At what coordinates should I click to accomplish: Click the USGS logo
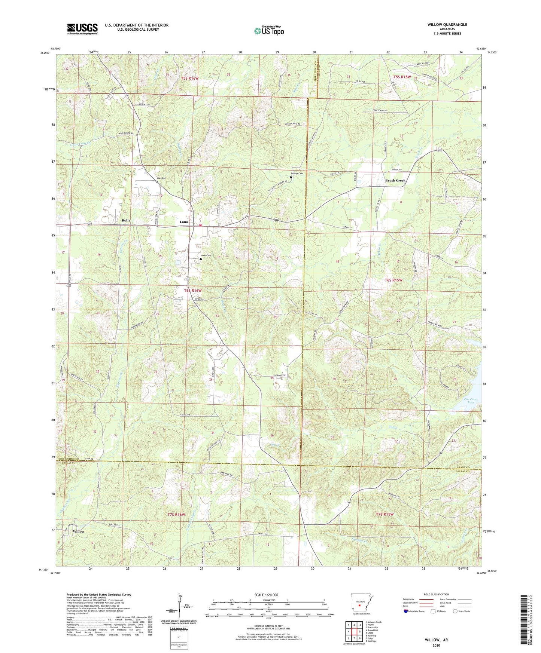click(x=82, y=29)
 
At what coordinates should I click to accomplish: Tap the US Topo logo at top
click(x=268, y=31)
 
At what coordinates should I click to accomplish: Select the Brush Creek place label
click(x=395, y=181)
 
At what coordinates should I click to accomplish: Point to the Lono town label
click(x=184, y=222)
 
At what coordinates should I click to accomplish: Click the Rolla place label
click(x=126, y=221)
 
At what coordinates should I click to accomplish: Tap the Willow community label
click(x=79, y=531)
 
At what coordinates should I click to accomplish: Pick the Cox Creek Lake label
click(x=471, y=401)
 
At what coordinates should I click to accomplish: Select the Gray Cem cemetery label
click(x=161, y=178)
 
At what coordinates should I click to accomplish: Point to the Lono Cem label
click(x=206, y=256)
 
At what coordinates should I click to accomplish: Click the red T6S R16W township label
click(x=193, y=291)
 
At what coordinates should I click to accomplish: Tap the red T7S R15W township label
click(x=385, y=514)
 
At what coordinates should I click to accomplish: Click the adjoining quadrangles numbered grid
click(x=354, y=632)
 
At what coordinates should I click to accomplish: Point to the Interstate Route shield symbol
click(x=406, y=611)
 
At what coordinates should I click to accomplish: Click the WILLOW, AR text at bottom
click(x=436, y=640)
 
